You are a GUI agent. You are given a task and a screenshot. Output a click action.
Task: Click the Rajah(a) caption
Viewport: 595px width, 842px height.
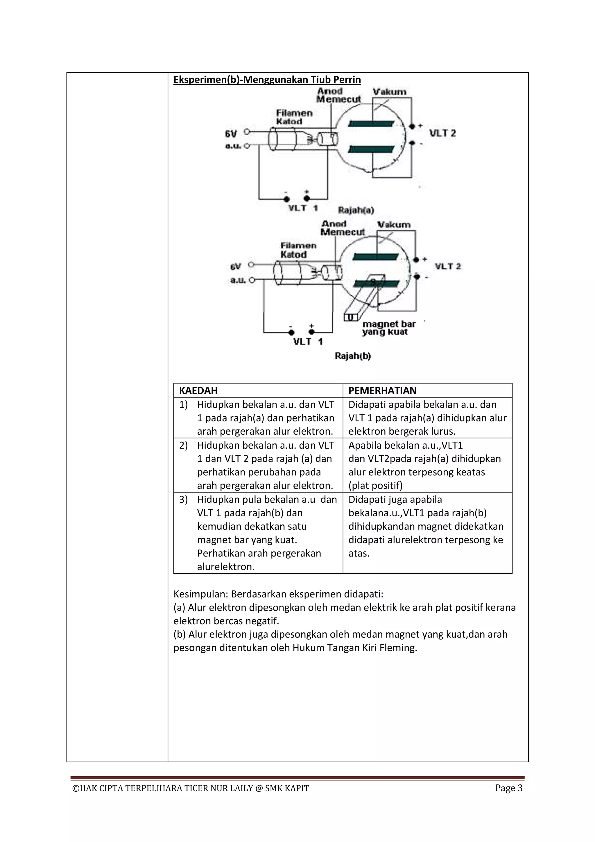[x=356, y=210]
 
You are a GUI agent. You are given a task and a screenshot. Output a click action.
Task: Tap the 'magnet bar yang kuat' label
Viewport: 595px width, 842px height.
[x=389, y=328]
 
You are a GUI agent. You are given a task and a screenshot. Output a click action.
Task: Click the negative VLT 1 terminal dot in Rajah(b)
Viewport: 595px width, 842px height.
[x=291, y=333]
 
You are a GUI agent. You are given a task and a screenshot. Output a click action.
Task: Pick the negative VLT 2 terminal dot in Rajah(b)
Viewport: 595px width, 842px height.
[x=417, y=276]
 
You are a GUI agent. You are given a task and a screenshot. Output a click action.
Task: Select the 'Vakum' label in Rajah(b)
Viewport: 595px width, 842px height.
[x=394, y=225]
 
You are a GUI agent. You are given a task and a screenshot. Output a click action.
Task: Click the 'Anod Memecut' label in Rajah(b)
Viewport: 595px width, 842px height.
[x=343, y=228]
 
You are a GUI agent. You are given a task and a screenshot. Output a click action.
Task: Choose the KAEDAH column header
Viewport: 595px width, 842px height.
[x=198, y=390]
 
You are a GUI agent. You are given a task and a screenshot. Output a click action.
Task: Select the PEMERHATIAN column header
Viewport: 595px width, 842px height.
[x=383, y=390]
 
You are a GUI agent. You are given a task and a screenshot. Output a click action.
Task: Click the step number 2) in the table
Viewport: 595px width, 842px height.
[x=184, y=446]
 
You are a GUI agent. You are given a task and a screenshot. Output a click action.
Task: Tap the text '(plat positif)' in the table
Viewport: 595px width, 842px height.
[x=376, y=486]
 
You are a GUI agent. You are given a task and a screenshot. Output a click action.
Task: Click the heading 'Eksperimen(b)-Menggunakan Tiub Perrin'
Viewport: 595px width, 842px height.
[x=267, y=80]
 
